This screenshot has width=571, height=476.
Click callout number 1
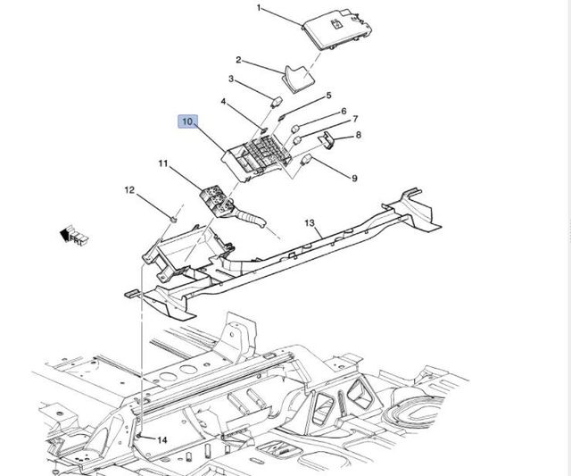[261, 9]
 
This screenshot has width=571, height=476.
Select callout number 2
[239, 60]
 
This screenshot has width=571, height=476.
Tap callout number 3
[231, 79]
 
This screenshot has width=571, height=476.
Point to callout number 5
[327, 96]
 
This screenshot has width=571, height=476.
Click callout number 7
[354, 119]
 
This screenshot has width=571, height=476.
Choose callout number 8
[358, 136]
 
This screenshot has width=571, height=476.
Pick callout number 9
[354, 179]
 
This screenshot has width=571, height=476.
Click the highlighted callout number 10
[187, 121]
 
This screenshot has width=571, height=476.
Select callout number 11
[163, 163]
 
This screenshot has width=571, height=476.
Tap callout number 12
[128, 189]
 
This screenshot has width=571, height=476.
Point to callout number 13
[310, 222]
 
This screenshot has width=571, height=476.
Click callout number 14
[162, 440]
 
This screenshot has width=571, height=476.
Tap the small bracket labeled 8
[327, 139]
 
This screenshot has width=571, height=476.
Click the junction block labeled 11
[214, 197]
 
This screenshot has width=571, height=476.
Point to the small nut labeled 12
[174, 217]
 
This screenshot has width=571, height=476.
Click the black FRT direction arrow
[65, 234]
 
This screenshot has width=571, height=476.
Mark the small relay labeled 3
[277, 99]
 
